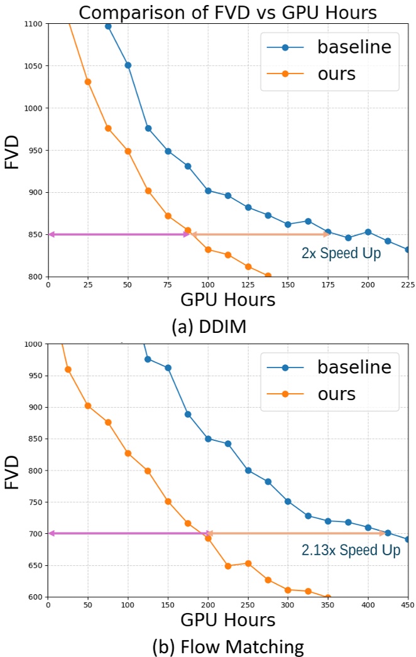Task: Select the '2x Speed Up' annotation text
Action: tap(341, 254)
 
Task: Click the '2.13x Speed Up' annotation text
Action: tap(351, 550)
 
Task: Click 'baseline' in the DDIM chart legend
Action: tap(354, 47)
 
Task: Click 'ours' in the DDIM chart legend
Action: tap(336, 73)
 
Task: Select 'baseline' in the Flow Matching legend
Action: tap(354, 367)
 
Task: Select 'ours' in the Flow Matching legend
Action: tap(336, 394)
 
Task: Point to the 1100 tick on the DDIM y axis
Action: tap(33, 24)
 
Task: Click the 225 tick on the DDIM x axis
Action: tap(408, 284)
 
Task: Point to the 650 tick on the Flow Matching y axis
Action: tap(35, 565)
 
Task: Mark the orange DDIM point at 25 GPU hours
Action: tap(88, 82)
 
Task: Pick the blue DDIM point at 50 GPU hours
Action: tap(128, 65)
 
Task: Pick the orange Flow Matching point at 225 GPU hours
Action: tap(228, 566)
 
